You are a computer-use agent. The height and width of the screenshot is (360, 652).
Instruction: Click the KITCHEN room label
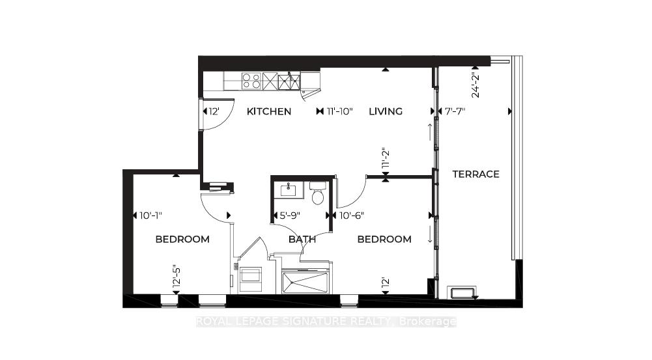click(x=268, y=111)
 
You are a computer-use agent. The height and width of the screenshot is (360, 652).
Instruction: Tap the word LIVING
click(x=386, y=111)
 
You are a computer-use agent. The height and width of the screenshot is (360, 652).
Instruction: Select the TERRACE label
click(x=476, y=174)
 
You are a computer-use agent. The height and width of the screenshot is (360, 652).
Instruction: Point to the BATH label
click(x=302, y=240)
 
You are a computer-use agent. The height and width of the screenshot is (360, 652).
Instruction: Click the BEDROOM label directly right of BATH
click(x=384, y=240)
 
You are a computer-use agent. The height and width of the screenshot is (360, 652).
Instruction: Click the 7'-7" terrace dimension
click(x=453, y=111)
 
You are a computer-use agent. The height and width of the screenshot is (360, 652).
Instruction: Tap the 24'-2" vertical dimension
click(x=475, y=83)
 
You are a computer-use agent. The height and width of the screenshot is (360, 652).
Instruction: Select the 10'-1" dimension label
click(x=150, y=215)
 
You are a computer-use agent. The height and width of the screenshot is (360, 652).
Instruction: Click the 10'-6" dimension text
click(x=351, y=215)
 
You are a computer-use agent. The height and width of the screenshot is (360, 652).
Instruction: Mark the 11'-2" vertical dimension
click(x=386, y=159)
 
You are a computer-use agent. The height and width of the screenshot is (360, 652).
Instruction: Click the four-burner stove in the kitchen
click(x=252, y=81)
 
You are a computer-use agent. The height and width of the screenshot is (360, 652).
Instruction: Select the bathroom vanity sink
click(x=289, y=191)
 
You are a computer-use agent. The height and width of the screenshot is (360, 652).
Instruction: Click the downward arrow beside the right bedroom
click(x=430, y=234)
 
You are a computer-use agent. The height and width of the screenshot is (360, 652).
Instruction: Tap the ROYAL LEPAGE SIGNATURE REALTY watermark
click(x=326, y=322)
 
